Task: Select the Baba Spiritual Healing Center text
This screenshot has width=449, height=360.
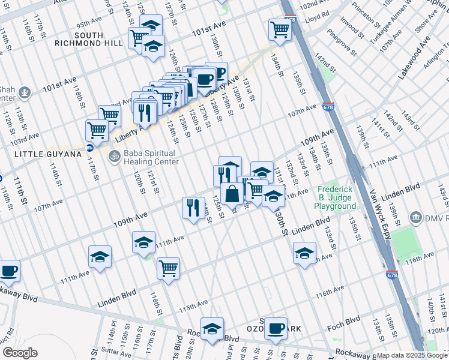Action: pyautogui.click(x=151, y=157)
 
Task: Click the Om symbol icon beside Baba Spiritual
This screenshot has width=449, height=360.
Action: pyautogui.click(x=113, y=157)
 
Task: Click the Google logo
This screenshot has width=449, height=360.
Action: pyautogui.click(x=20, y=353)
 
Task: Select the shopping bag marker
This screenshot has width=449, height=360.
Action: pyautogui.click(x=232, y=194)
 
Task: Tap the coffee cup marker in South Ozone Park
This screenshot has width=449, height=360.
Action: pyautogui.click(x=276, y=328)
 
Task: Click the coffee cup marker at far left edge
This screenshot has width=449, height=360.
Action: pyautogui.click(x=8, y=271)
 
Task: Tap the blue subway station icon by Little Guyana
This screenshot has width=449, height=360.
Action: pyautogui.click(x=90, y=148)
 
